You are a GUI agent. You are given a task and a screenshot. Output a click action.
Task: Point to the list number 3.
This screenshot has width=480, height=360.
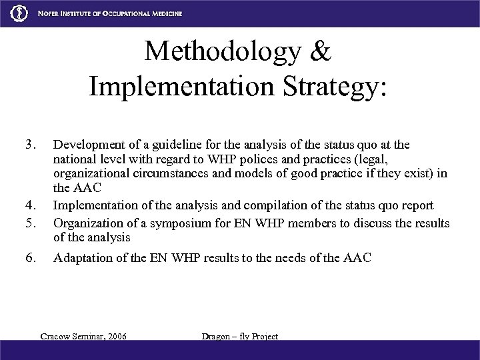tap(29, 144)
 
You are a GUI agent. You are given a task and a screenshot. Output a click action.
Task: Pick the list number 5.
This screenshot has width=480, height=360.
tap(29, 222)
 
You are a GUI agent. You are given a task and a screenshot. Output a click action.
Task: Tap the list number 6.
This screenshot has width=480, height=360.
tap(29, 258)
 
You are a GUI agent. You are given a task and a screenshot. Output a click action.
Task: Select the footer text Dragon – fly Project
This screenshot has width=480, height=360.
tap(239, 337)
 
